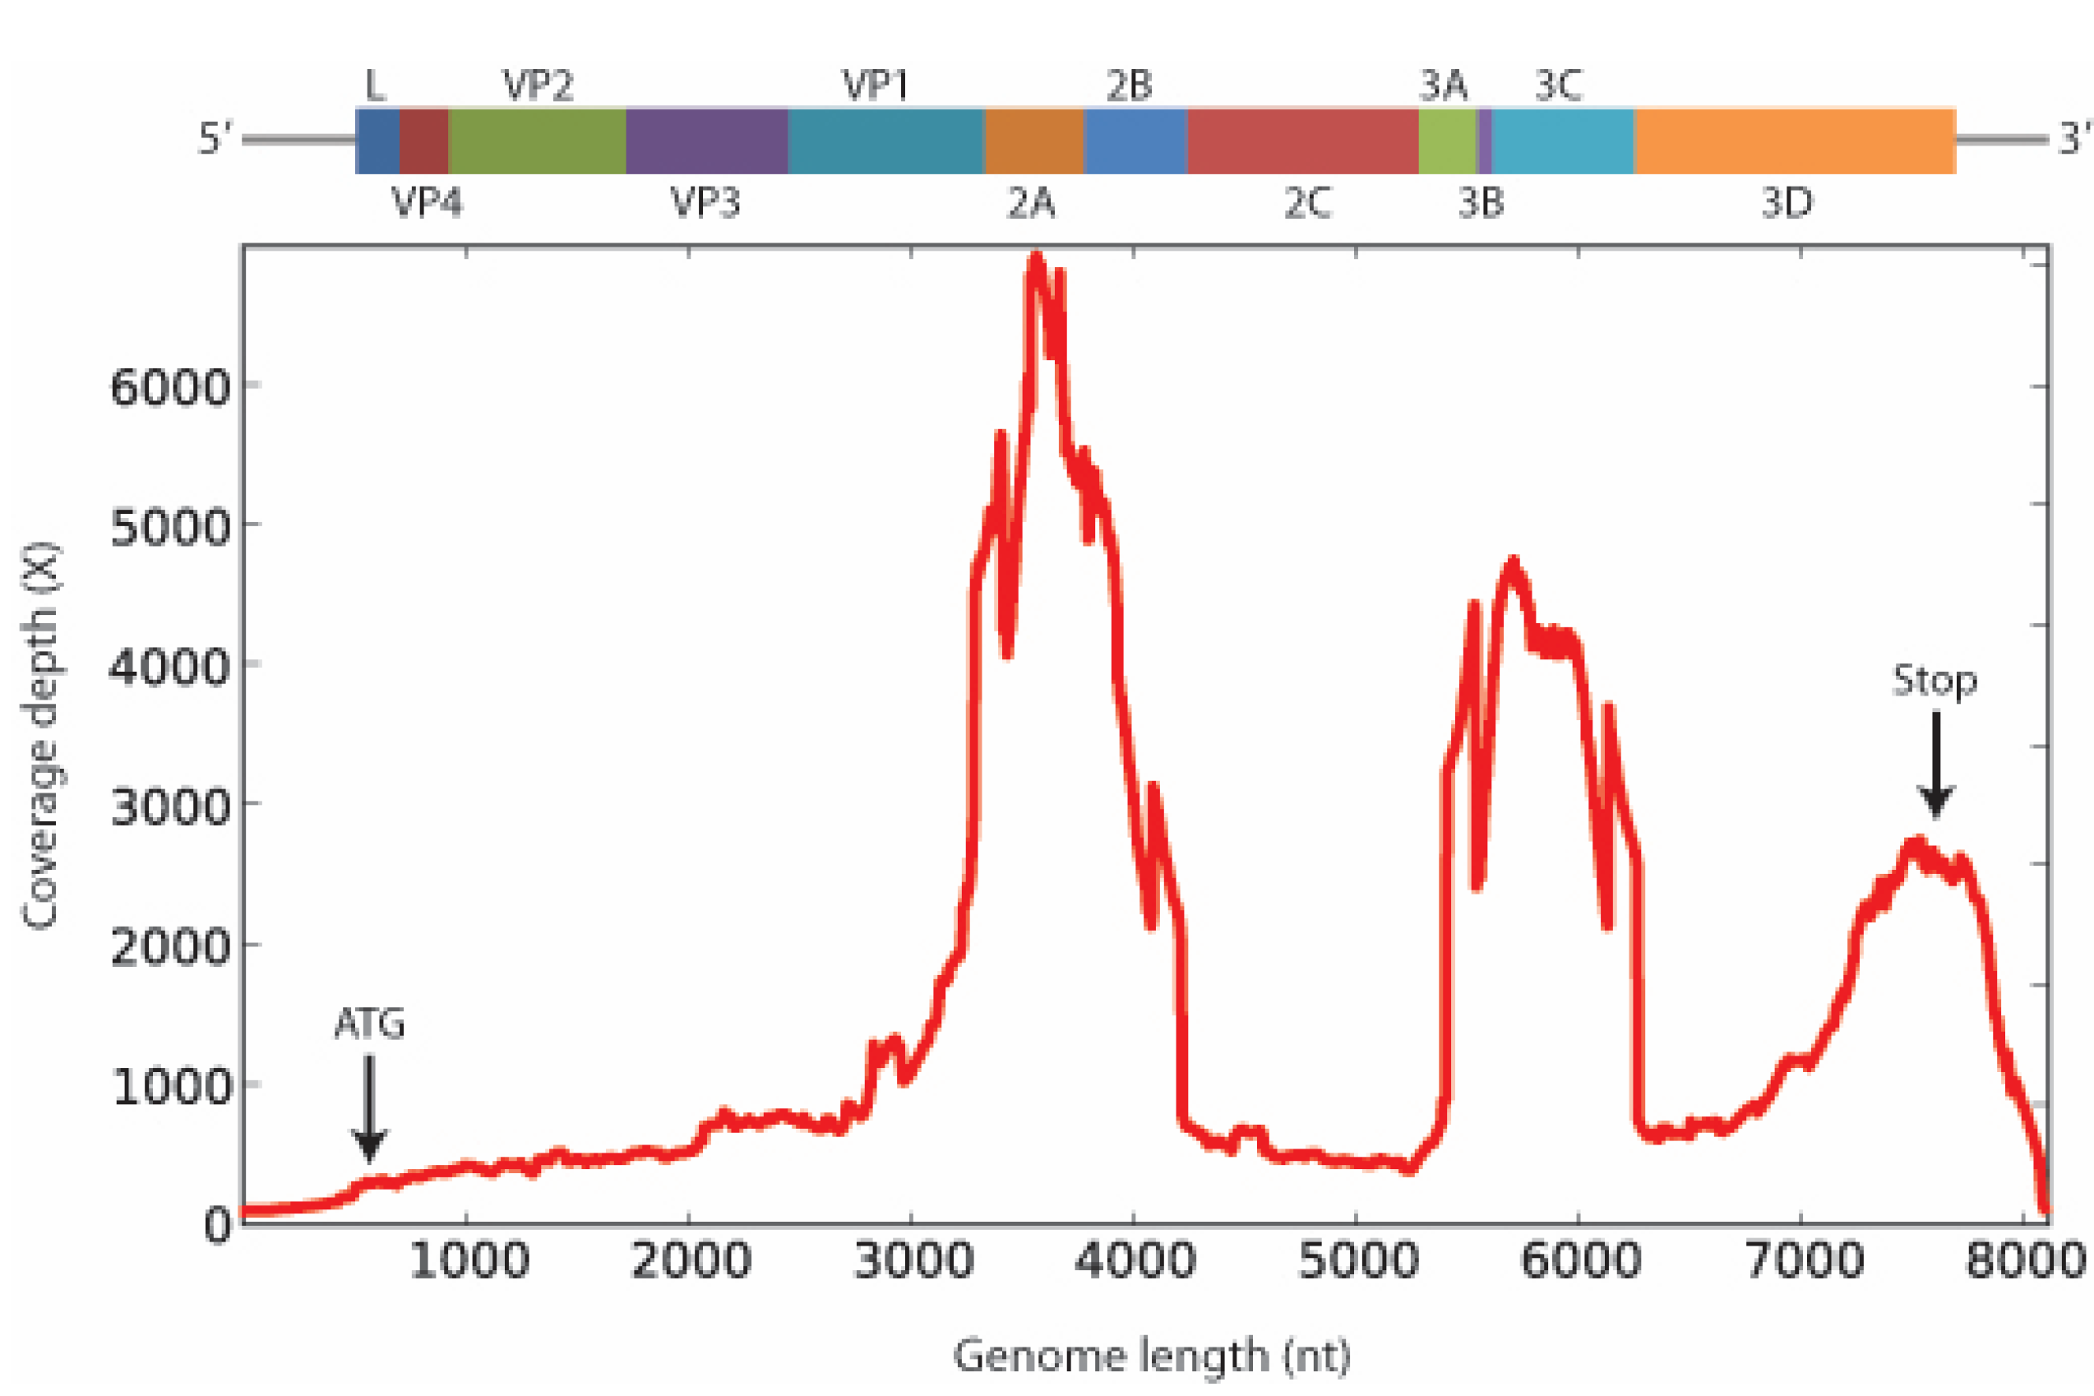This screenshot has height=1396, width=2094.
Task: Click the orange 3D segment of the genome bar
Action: point(1794,141)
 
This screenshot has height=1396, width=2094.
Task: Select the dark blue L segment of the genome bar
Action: point(377,141)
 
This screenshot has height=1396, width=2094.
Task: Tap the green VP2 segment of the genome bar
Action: point(537,141)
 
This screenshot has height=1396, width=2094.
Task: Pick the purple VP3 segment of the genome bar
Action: point(706,141)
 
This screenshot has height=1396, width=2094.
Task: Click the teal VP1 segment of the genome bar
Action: point(885,141)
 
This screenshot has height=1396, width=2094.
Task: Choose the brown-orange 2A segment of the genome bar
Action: point(1033,141)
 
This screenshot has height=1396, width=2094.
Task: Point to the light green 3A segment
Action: point(1447,141)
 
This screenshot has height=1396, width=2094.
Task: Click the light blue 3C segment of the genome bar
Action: point(1563,141)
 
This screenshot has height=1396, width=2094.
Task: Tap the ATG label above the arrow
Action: point(369,1024)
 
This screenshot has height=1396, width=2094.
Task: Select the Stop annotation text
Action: point(1935,681)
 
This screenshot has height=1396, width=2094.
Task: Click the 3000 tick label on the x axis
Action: point(912,1260)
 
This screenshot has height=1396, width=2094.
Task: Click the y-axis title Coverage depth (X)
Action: point(40,735)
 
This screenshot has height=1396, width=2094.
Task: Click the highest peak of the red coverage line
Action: point(1035,258)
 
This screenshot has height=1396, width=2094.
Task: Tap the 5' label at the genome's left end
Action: point(215,139)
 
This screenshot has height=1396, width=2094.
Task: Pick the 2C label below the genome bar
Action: point(1307,203)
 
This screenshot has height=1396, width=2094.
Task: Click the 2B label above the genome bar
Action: point(1129,86)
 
